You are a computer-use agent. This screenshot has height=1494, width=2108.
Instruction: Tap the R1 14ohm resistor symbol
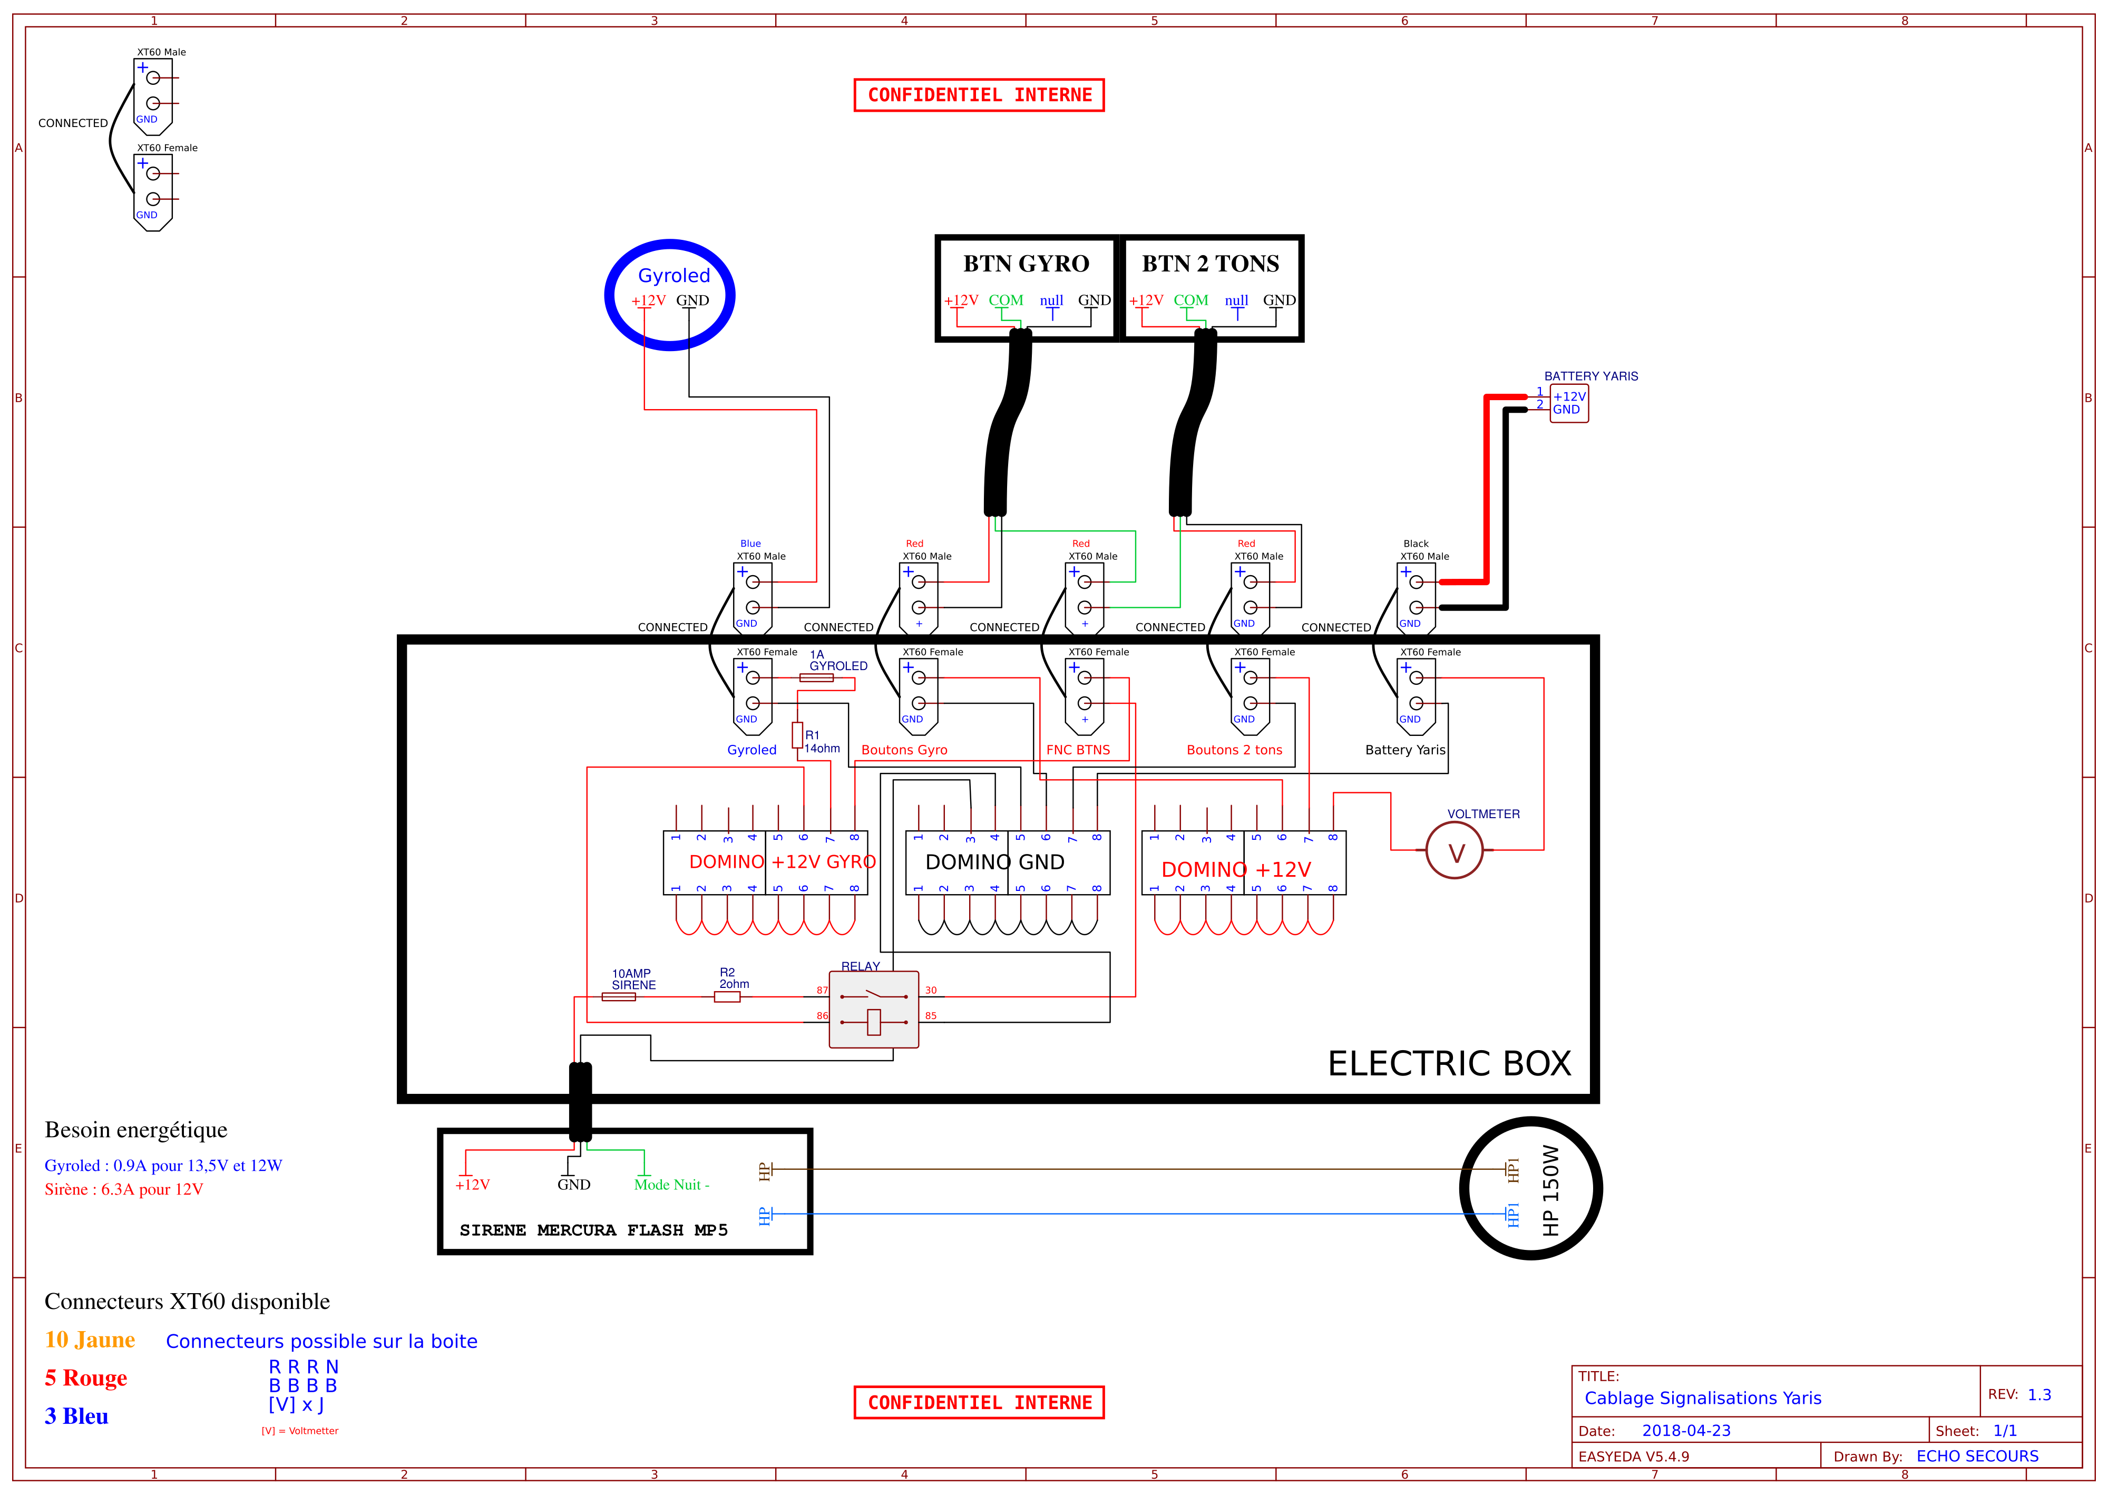pos(797,734)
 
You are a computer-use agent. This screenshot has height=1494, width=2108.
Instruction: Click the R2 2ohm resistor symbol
pos(727,996)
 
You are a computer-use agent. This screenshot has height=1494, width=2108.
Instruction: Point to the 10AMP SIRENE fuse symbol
pos(618,996)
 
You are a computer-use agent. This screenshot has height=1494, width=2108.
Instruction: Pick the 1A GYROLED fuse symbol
pos(817,678)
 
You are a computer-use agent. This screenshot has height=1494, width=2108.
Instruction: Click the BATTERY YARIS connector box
pos(1569,403)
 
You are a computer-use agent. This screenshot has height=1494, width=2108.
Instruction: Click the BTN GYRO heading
pos(1027,264)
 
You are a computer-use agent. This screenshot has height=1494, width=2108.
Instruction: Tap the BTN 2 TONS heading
pos(1211,264)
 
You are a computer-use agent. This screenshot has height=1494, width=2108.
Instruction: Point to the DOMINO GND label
pos(995,862)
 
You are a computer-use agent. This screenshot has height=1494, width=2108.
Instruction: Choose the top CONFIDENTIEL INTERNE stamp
pos(980,95)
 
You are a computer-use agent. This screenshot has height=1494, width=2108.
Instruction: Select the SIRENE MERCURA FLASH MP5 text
pos(593,1230)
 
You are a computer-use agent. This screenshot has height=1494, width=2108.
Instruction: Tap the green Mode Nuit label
pos(671,1185)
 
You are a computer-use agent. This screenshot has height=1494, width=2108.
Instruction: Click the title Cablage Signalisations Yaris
pos(1702,1399)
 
